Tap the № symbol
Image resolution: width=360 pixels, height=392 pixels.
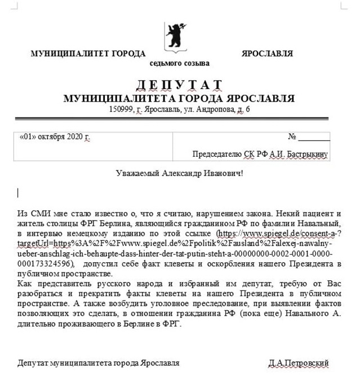tap(292, 137)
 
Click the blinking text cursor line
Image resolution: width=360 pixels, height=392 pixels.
tap(18, 193)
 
